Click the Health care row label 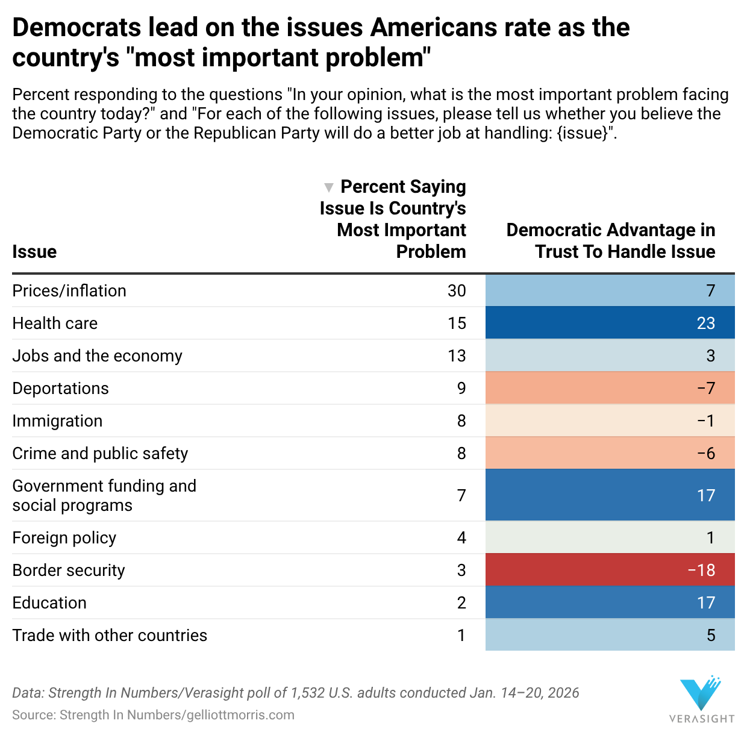tap(55, 324)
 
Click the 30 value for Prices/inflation tap(457, 291)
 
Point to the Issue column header tap(34, 252)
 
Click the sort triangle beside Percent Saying tap(328, 187)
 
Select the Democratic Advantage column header tap(611, 241)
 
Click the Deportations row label tap(60, 389)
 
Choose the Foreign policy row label tap(64, 538)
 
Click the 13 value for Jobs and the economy tap(457, 356)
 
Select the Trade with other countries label tap(110, 636)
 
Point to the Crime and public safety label tap(100, 454)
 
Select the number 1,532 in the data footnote tap(307, 693)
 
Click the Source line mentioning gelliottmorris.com tap(153, 715)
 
